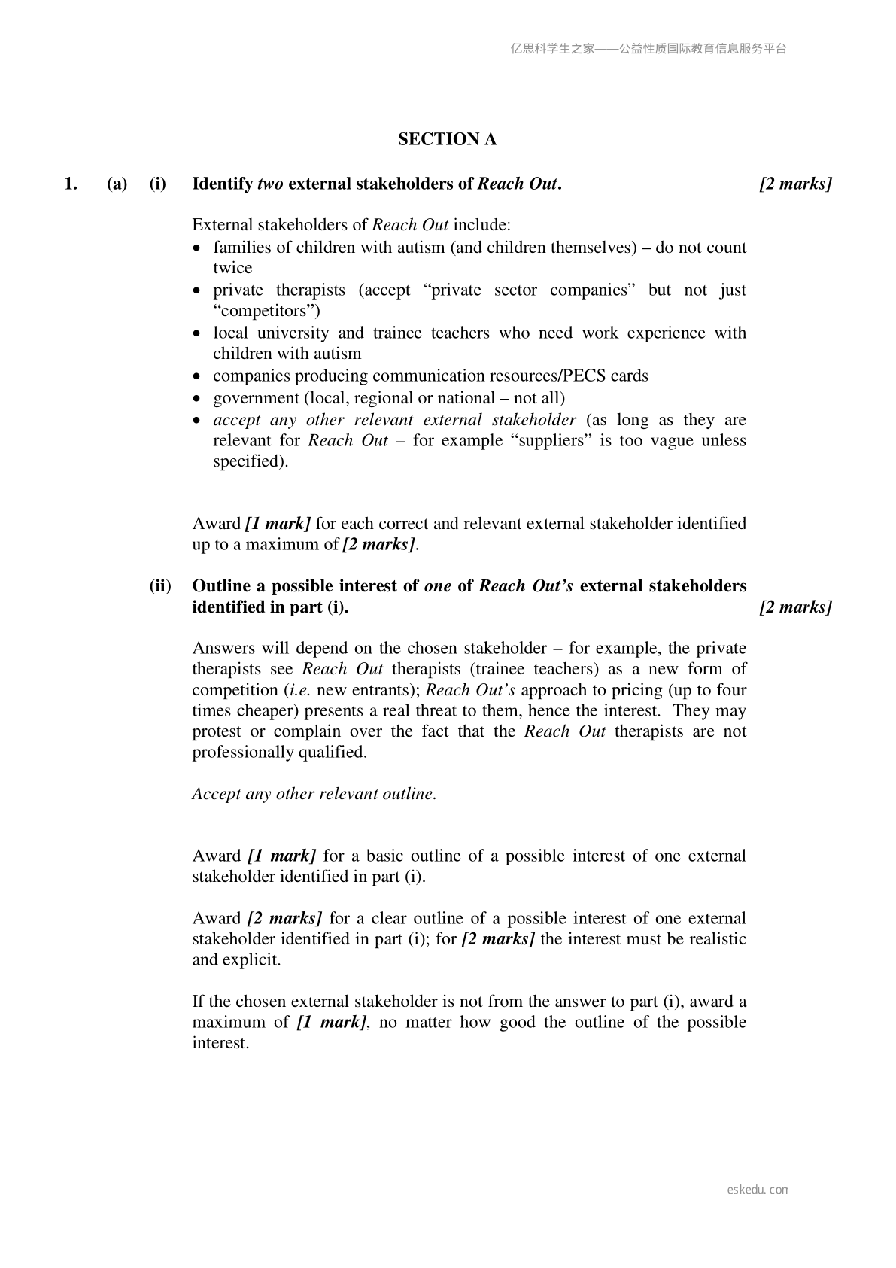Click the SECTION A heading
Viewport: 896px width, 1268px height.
[x=447, y=139]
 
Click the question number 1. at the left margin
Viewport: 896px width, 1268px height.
[x=71, y=184]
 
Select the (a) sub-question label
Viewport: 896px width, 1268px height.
[x=117, y=184]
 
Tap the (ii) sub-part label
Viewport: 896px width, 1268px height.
[x=159, y=586]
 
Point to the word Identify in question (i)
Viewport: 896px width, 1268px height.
[x=223, y=184]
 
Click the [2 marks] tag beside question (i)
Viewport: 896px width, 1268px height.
[x=795, y=184]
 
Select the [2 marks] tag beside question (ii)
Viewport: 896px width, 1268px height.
[x=795, y=607]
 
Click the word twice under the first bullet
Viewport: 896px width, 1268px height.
[x=232, y=268]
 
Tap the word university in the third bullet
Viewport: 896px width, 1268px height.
[x=293, y=333]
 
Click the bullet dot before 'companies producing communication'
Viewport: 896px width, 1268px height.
[x=197, y=376]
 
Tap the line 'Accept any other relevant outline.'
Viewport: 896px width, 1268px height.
[x=314, y=794]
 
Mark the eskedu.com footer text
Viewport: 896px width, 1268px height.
[x=758, y=1190]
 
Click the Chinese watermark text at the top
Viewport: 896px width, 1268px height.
[x=648, y=49]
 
